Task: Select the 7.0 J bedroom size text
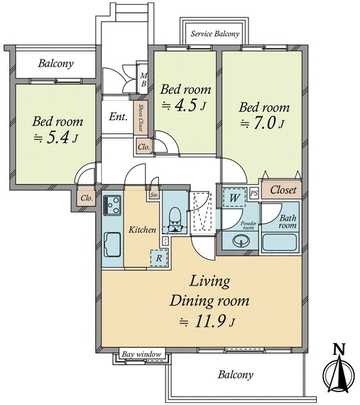pyautogui.click(x=267, y=123)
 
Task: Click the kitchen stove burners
pyautogui.click(x=109, y=209)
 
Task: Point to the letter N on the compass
pyautogui.click(x=337, y=349)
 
